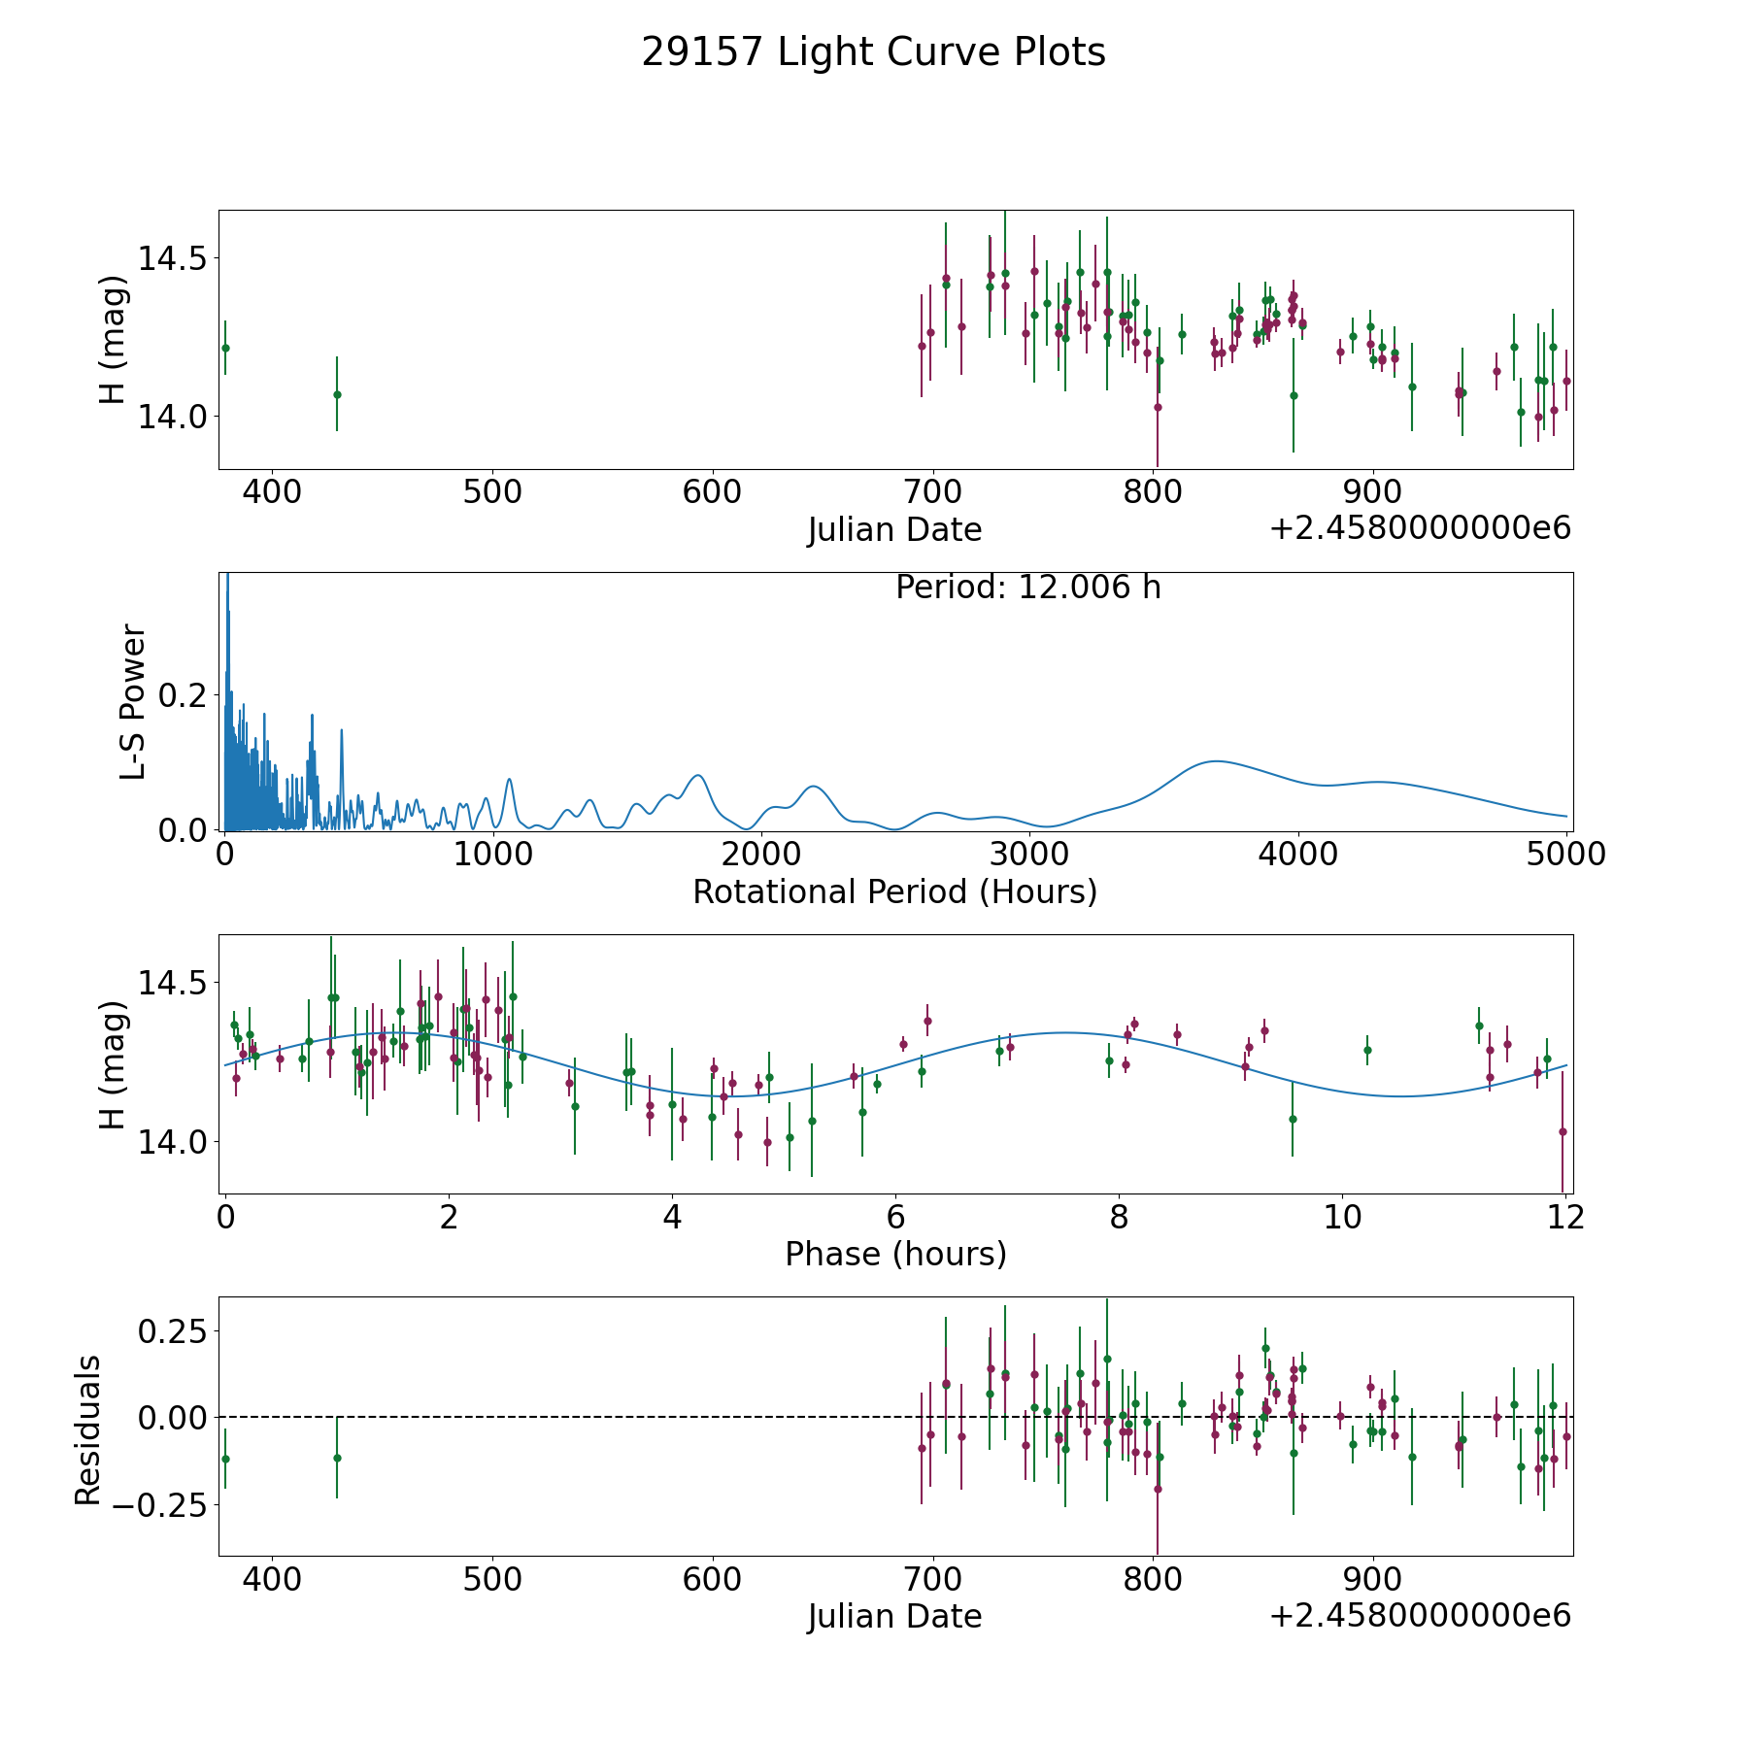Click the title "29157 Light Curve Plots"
click(873, 52)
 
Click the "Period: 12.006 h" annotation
click(1027, 588)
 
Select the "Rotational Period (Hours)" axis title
click(894, 891)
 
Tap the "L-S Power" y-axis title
click(133, 702)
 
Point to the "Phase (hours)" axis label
click(895, 1254)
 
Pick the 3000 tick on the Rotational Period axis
click(1029, 855)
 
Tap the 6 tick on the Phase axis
click(895, 1217)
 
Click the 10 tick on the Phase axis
click(1342, 1217)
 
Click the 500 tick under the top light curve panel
click(491, 491)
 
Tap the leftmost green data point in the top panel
click(225, 348)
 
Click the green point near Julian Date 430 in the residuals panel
click(337, 1458)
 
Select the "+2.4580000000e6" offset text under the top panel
click(1420, 528)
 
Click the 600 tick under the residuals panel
click(712, 1579)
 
